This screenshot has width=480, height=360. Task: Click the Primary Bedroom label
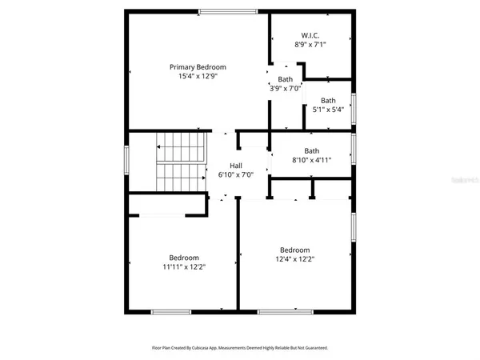(x=198, y=66)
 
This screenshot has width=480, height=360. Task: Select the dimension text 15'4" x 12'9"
(x=198, y=76)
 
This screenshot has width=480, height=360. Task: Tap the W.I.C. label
(x=310, y=35)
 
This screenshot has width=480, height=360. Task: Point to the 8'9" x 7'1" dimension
(x=310, y=45)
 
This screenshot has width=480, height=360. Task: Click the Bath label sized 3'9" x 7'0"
(x=286, y=78)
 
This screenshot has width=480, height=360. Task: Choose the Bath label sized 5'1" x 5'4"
(x=328, y=100)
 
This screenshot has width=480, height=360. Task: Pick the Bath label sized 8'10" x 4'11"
(x=311, y=150)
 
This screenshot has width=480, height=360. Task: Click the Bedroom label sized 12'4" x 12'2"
(x=294, y=250)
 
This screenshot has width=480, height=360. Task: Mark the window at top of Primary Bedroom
(x=222, y=10)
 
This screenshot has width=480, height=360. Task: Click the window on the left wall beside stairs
(x=126, y=158)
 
